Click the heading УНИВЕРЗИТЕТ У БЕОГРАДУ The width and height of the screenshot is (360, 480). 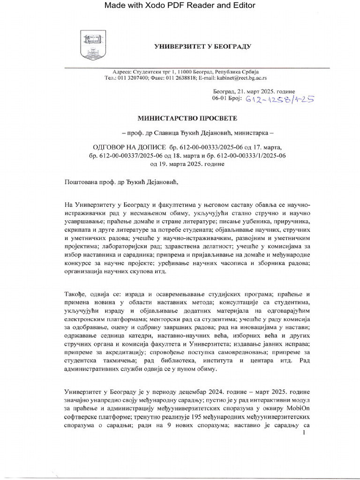coord(203,46)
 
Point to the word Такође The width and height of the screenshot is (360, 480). coord(76,294)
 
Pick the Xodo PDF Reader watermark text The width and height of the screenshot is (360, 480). coord(180,6)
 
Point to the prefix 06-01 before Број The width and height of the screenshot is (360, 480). coord(220,98)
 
